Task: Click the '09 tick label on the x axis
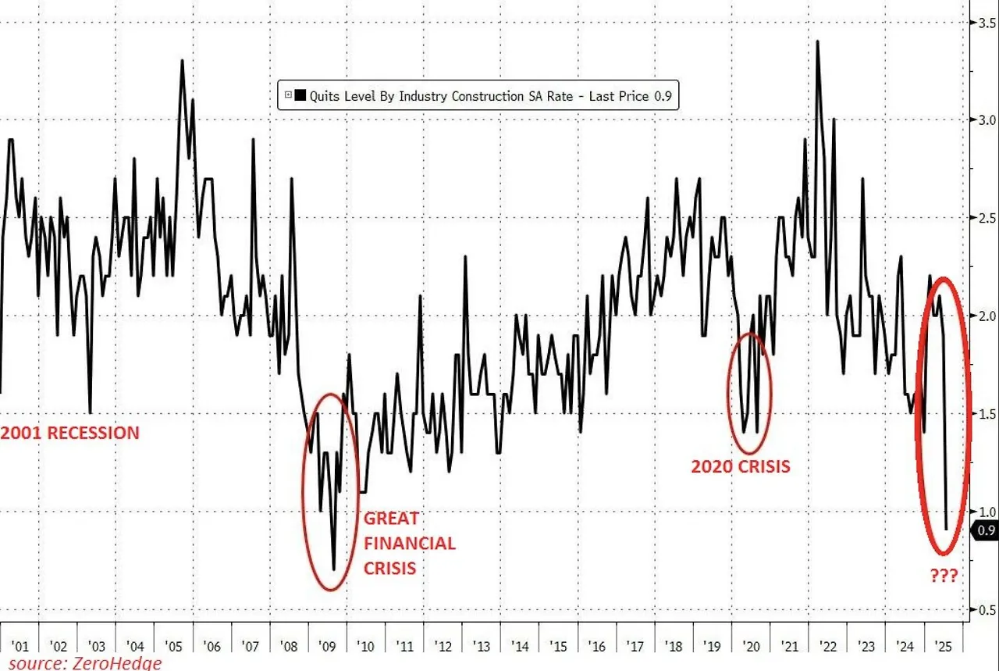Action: click(x=328, y=646)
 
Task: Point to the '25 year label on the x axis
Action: click(x=944, y=646)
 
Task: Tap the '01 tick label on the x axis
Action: click(x=20, y=646)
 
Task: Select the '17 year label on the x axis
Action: click(x=636, y=646)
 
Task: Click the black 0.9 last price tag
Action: click(x=983, y=531)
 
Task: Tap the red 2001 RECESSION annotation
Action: click(x=70, y=433)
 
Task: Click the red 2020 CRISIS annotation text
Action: click(x=741, y=467)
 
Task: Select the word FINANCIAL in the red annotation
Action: click(x=409, y=543)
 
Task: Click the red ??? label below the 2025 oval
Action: click(x=944, y=576)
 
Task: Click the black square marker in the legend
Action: click(x=300, y=96)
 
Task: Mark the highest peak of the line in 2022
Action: click(x=817, y=41)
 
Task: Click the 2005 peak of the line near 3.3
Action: click(x=182, y=61)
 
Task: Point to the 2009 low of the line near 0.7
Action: click(x=333, y=569)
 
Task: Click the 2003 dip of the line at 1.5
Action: click(x=91, y=412)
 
